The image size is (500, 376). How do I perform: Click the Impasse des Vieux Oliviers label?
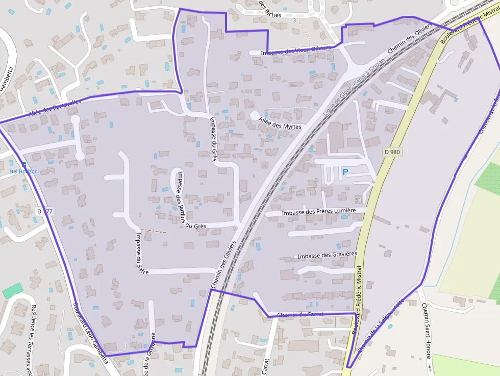(x=295, y=51)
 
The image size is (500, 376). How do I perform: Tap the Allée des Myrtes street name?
(x=280, y=123)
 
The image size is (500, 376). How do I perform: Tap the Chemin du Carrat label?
(x=300, y=314)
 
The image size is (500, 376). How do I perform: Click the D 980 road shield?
(x=392, y=152)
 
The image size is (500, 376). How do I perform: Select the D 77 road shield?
(x=45, y=211)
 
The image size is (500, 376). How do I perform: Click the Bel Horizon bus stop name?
(x=24, y=171)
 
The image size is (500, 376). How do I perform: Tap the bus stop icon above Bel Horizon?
(x=23, y=164)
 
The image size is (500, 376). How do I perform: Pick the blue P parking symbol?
(x=345, y=172)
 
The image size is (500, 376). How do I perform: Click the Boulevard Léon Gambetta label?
(x=90, y=334)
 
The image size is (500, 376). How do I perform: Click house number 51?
(x=358, y=199)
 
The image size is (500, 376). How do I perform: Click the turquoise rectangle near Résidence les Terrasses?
(x=13, y=291)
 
